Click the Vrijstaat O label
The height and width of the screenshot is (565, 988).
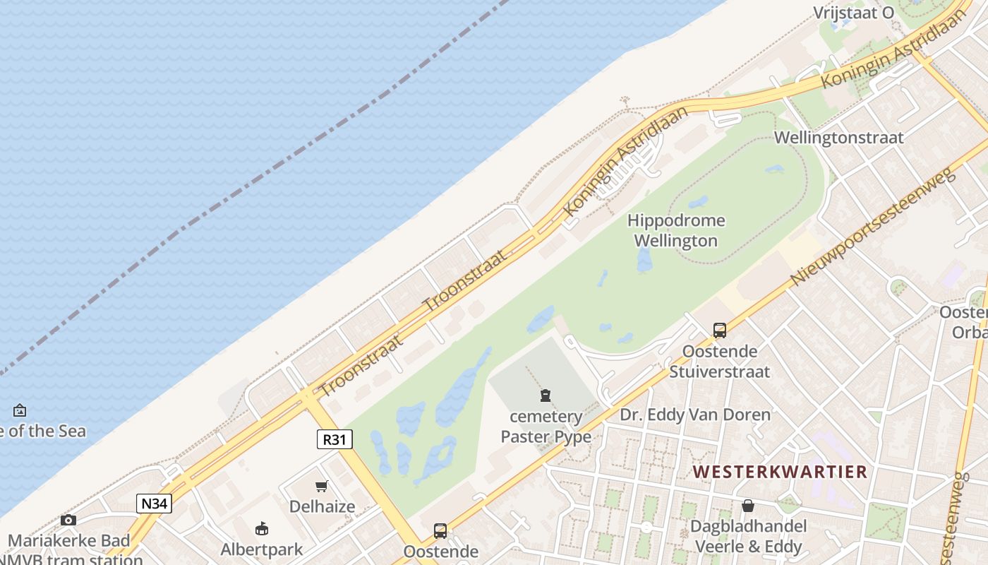[x=853, y=13]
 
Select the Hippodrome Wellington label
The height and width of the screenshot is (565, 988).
[x=676, y=230]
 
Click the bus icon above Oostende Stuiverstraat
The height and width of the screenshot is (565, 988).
[x=719, y=330]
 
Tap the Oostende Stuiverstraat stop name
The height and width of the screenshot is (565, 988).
[x=719, y=361]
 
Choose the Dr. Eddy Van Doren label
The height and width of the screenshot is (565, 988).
[x=695, y=415]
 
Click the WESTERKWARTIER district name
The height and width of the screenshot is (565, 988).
[x=780, y=472]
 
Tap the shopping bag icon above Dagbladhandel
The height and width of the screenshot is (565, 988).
[x=747, y=506]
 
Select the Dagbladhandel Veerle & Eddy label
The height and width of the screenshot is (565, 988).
[x=748, y=536]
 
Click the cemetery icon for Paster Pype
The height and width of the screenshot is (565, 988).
[x=545, y=395]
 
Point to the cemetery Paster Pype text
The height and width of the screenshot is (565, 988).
[x=546, y=427]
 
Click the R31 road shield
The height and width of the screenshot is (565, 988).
[x=334, y=439]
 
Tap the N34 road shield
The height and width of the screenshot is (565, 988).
[x=154, y=504]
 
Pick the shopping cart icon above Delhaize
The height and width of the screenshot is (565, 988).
[x=322, y=486]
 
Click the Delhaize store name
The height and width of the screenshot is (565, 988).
[x=322, y=506]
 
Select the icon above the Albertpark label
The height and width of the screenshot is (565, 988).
[x=262, y=528]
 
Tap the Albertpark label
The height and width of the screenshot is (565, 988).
[x=262, y=549]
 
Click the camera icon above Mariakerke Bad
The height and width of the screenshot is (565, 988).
[x=68, y=521]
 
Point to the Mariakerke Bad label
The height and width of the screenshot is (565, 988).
[x=69, y=541]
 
